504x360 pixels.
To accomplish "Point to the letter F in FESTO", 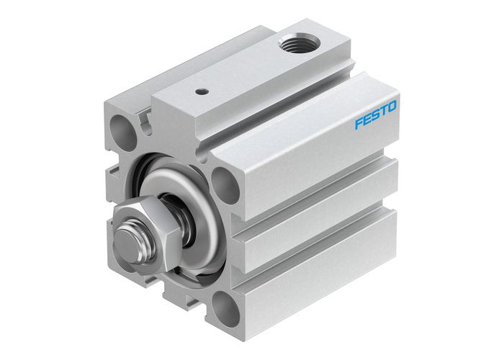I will click(358, 124).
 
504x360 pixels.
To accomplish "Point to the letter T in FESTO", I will click(382, 112).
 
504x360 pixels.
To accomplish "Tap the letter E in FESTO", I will click(366, 120).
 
